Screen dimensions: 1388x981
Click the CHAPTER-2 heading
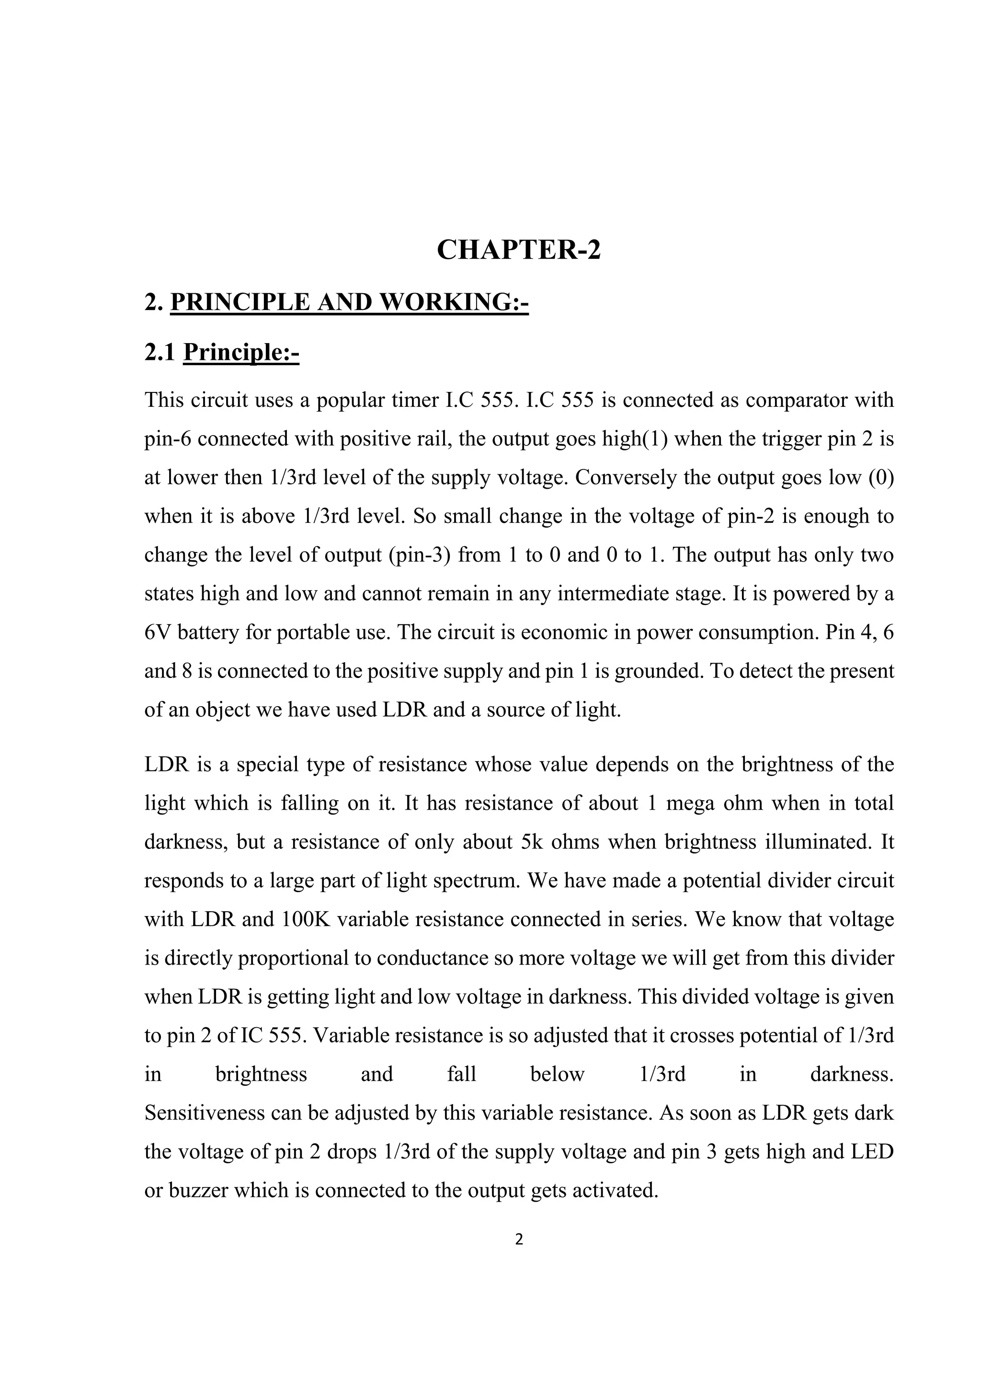pyautogui.click(x=519, y=250)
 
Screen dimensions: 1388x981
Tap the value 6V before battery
pyautogui.click(x=159, y=633)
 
